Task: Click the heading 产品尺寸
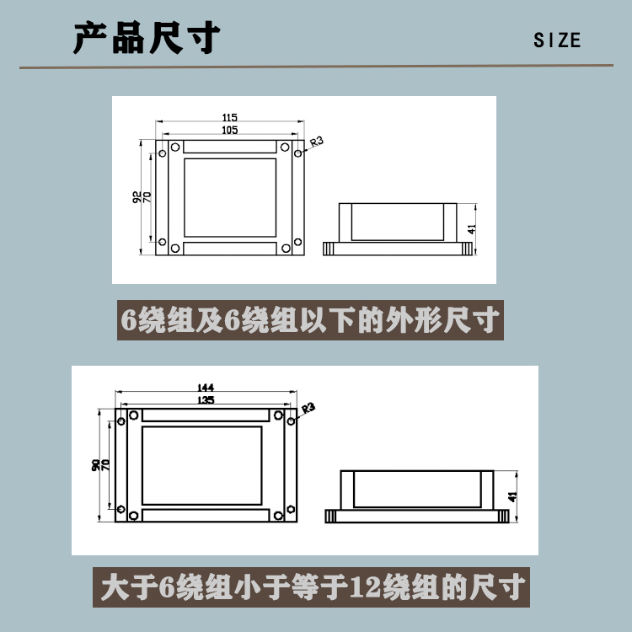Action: point(147,38)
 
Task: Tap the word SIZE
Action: point(557,40)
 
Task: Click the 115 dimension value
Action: point(230,117)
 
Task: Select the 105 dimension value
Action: point(230,130)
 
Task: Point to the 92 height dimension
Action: point(137,197)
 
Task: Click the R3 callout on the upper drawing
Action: point(317,142)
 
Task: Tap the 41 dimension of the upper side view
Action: point(472,229)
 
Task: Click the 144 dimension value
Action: point(206,388)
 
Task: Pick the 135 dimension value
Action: point(206,399)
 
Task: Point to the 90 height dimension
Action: point(95,464)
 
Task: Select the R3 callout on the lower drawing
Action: point(308,408)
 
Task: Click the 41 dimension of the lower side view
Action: point(512,496)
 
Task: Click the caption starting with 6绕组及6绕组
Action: point(310,320)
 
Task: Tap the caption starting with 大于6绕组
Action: point(311,587)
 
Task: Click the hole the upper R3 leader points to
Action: point(297,153)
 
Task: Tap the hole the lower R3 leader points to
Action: point(291,421)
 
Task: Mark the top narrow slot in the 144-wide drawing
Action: point(206,415)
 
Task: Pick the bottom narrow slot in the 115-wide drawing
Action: point(230,249)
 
